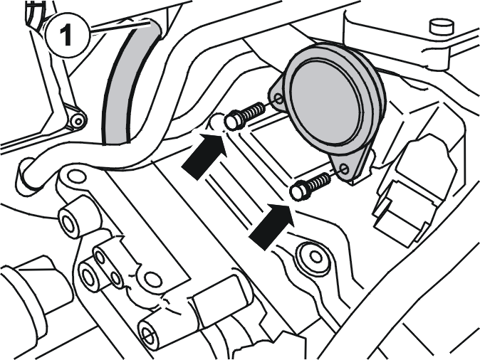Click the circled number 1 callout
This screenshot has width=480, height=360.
click(68, 35)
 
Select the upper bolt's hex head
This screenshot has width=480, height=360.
click(234, 120)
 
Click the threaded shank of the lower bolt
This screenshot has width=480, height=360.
click(319, 182)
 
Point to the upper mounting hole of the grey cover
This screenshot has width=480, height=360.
click(278, 98)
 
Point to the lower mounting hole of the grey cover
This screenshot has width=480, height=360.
click(345, 169)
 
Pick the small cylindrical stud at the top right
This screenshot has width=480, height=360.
click(442, 26)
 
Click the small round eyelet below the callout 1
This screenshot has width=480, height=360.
click(78, 122)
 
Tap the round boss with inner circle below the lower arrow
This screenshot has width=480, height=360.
click(313, 257)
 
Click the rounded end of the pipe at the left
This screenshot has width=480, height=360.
click(26, 176)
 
